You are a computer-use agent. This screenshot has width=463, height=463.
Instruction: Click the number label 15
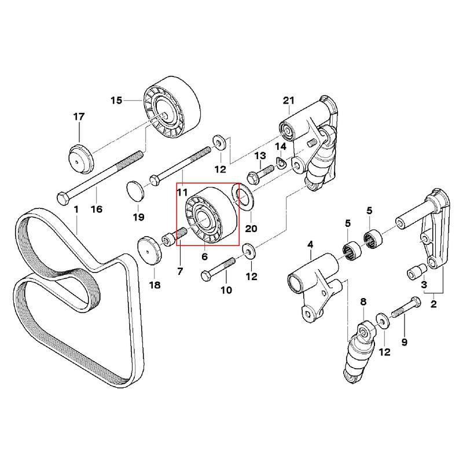116,100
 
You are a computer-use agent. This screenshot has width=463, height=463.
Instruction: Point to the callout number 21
289,101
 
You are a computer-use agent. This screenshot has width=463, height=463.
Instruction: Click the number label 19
138,218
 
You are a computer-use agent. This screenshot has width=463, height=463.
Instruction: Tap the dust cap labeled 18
149,250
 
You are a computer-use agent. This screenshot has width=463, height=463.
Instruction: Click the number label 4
310,245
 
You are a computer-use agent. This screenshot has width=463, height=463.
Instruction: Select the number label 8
363,302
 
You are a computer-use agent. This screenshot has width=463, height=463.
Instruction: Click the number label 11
183,192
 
